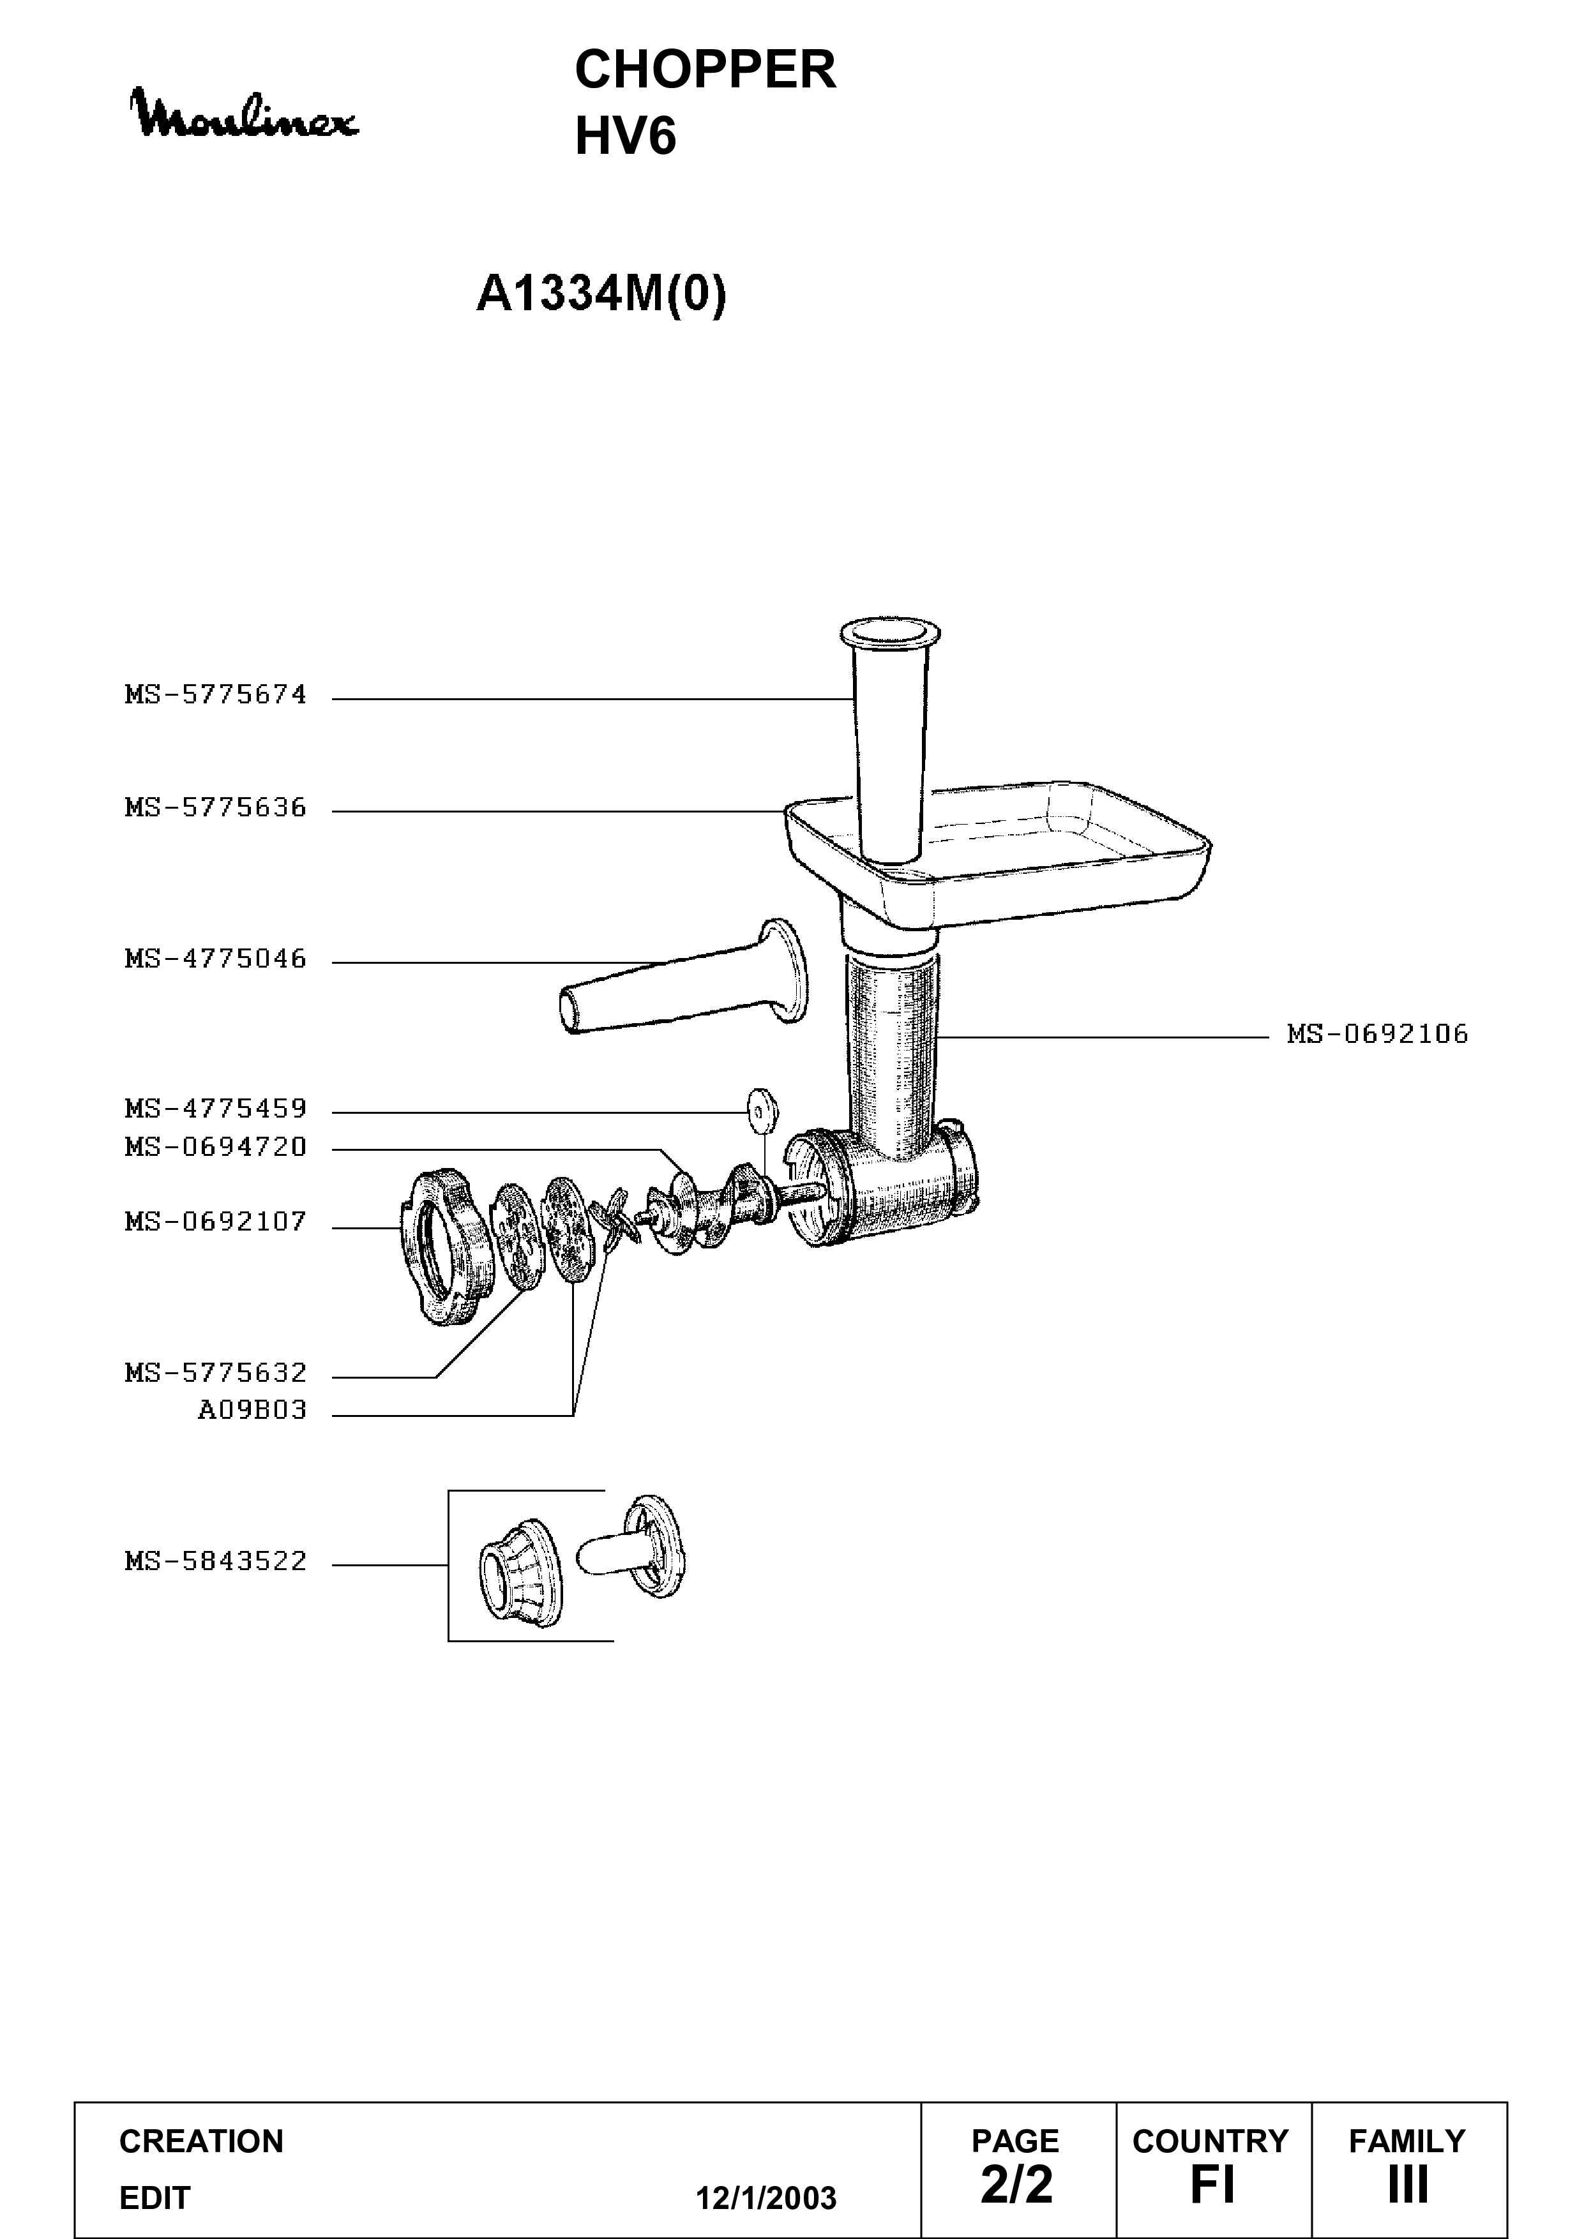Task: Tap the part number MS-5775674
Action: click(x=216, y=695)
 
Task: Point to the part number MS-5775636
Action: click(x=216, y=807)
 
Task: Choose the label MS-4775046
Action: click(x=216, y=959)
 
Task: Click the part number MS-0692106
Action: click(x=1377, y=1034)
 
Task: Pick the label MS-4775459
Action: click(x=216, y=1109)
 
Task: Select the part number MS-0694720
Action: click(x=216, y=1147)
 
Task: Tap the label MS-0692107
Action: click(x=216, y=1222)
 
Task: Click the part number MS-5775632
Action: click(x=216, y=1373)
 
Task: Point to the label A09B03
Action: click(x=253, y=1410)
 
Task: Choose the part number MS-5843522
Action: click(x=216, y=1561)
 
